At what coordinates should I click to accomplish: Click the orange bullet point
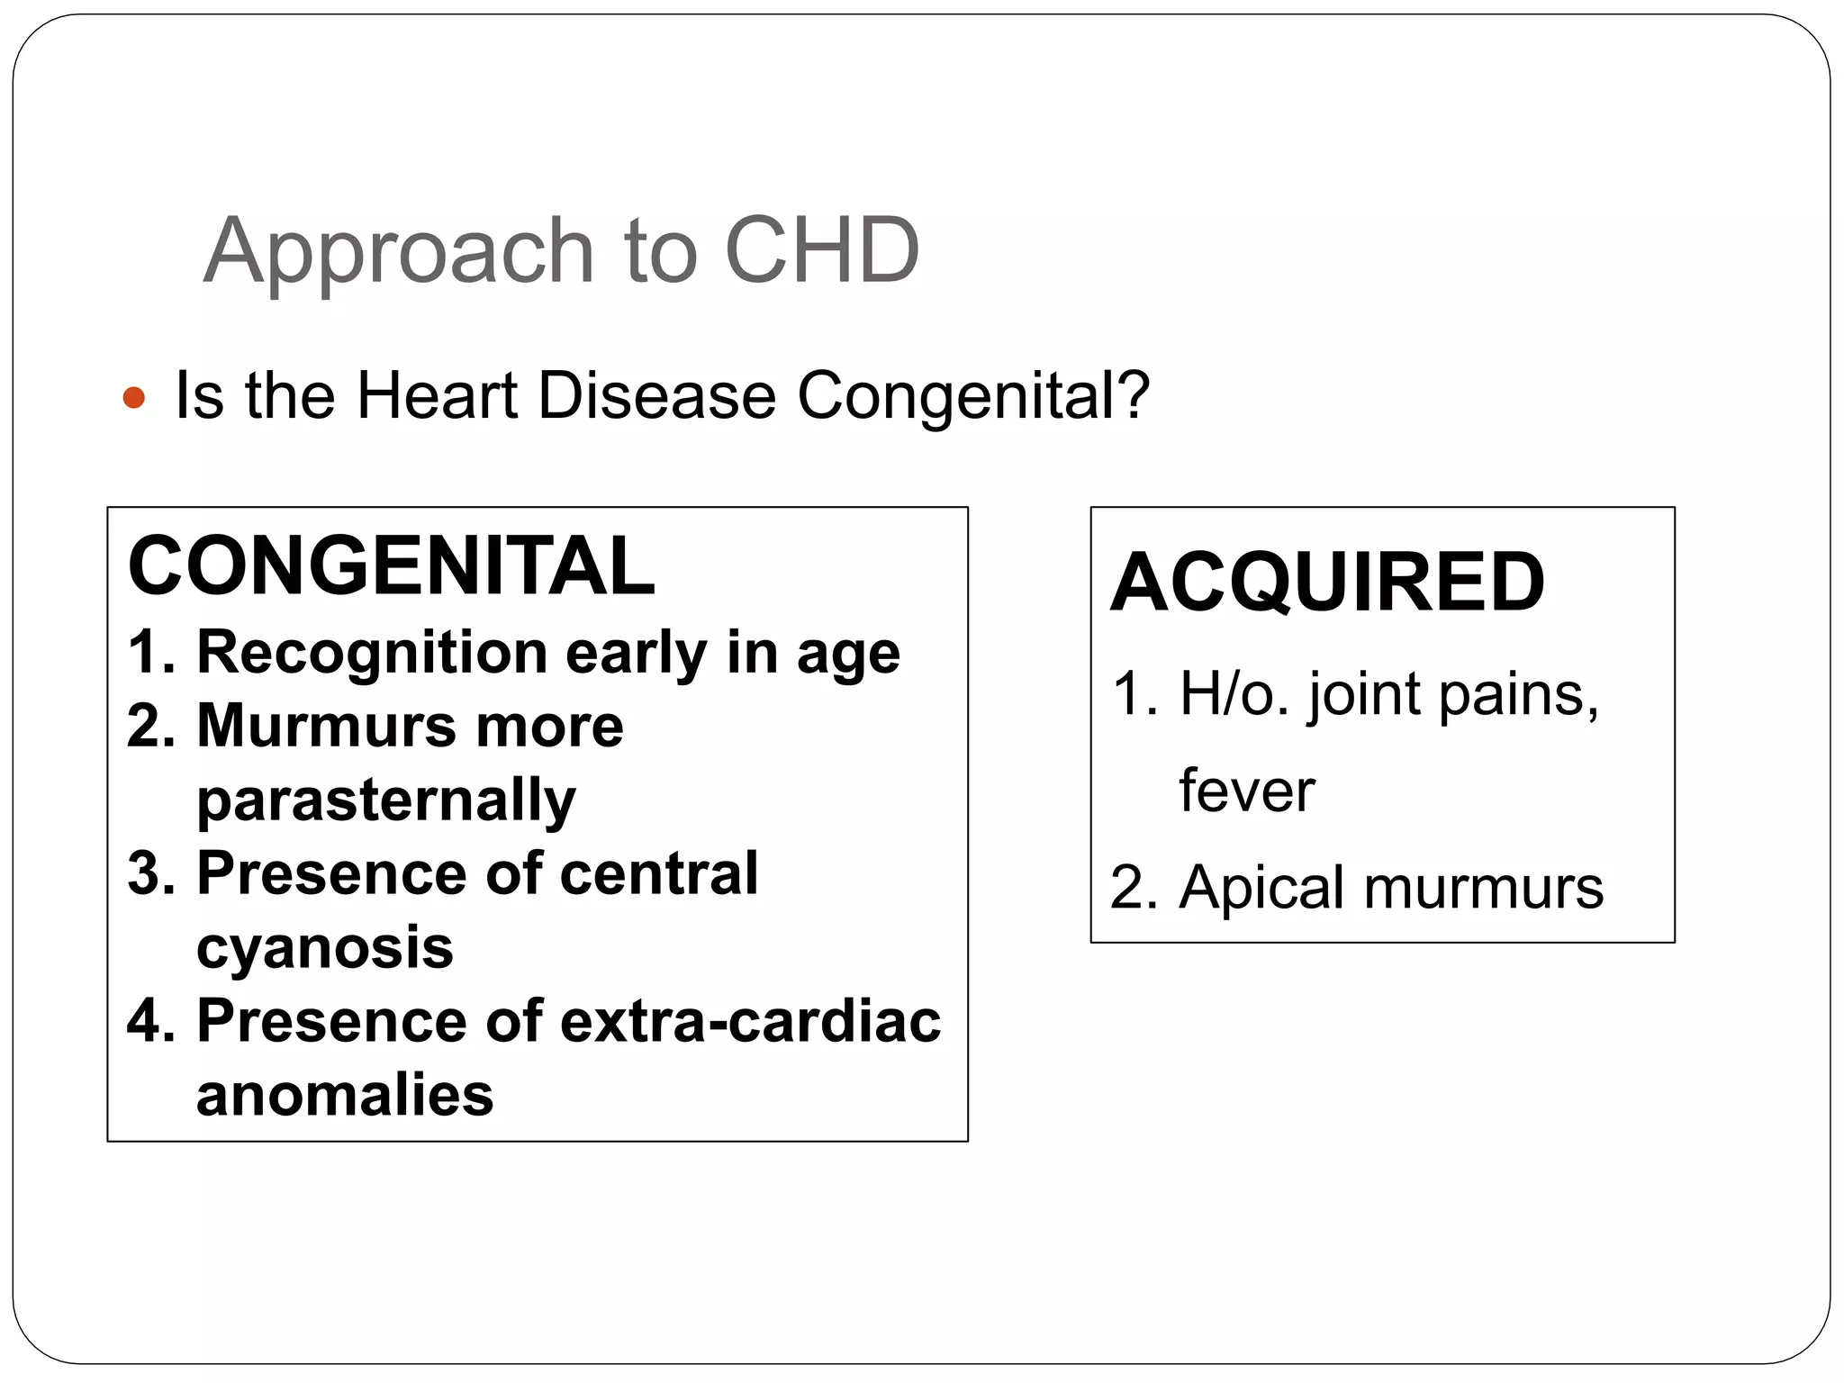coord(133,397)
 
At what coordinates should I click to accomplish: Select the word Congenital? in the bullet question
coord(973,396)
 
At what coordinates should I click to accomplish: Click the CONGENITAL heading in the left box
coord(392,566)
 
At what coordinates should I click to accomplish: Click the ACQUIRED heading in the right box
coord(1327,583)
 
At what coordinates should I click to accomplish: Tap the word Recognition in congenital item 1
coord(372,652)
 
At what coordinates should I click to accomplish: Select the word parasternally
coord(386,800)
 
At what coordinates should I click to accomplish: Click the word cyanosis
coord(325,948)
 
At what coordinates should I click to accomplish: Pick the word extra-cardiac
coord(750,1022)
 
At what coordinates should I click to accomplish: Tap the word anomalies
coord(345,1096)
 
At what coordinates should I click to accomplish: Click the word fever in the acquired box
coord(1247,791)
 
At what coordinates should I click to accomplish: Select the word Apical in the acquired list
coord(1261,888)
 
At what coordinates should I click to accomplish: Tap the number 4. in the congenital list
coord(151,1022)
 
